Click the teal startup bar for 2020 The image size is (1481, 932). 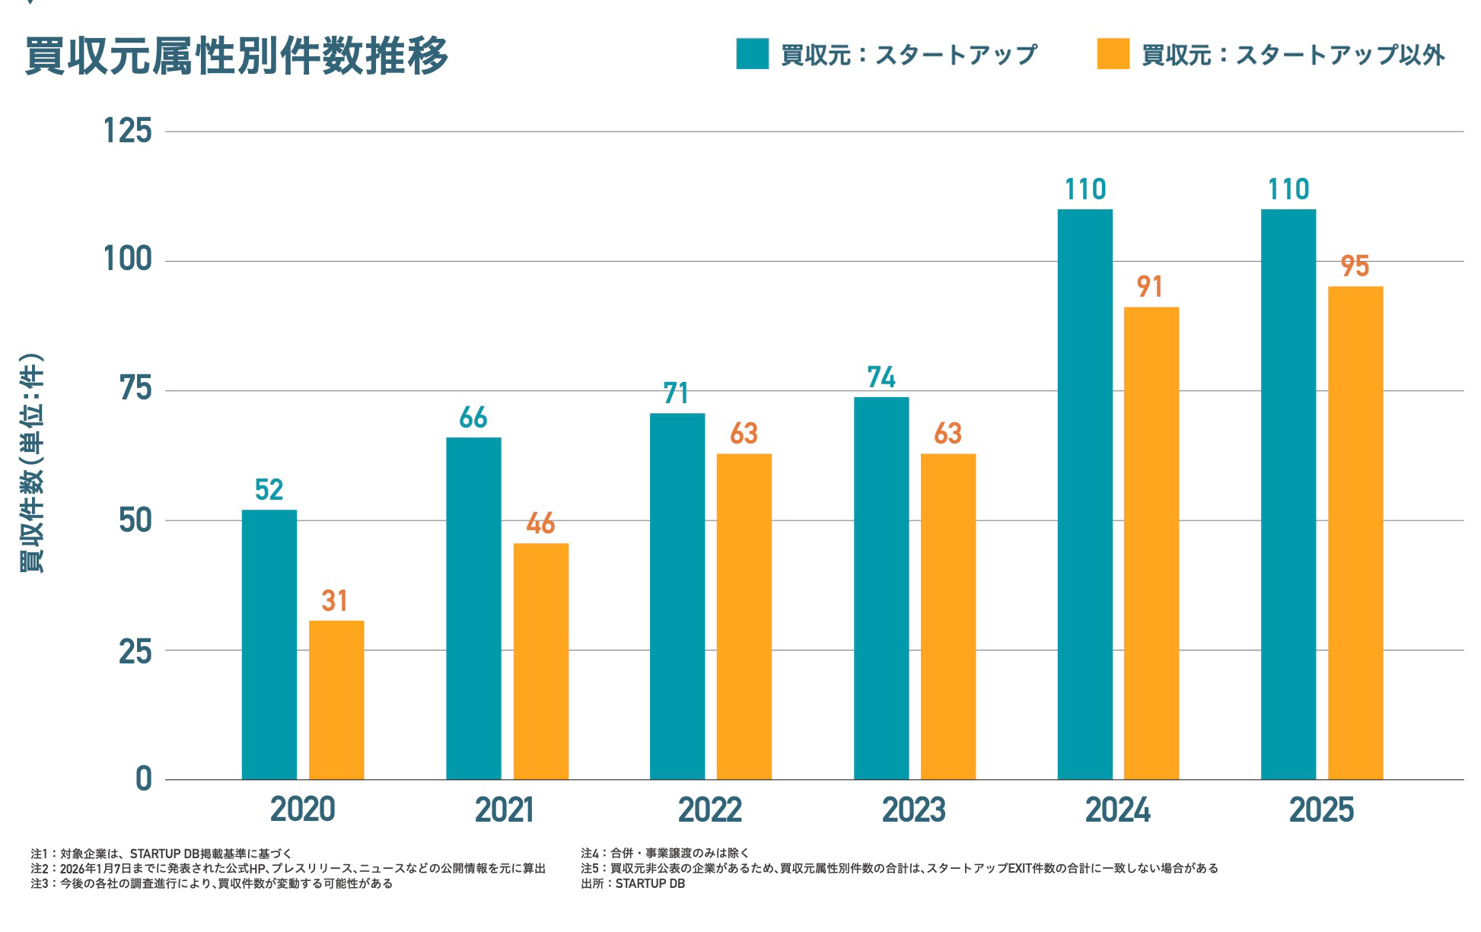[269, 644]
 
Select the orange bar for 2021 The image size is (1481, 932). [540, 661]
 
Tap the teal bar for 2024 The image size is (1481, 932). [1084, 494]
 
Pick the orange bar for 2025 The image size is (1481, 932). [1355, 533]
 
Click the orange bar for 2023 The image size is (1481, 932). [948, 616]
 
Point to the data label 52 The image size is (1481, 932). [269, 490]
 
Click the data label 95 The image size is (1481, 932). [1355, 266]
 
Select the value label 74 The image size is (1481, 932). [881, 377]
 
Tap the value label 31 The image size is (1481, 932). [335, 601]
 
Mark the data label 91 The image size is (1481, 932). [1150, 287]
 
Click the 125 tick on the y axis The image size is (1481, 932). [128, 131]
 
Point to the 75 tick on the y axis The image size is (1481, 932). [135, 390]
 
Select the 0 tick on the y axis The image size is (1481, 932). [143, 779]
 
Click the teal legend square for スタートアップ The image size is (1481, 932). [752, 54]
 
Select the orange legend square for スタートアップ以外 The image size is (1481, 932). [1113, 54]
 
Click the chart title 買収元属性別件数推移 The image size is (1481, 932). [237, 56]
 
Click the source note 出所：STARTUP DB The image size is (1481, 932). [632, 884]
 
